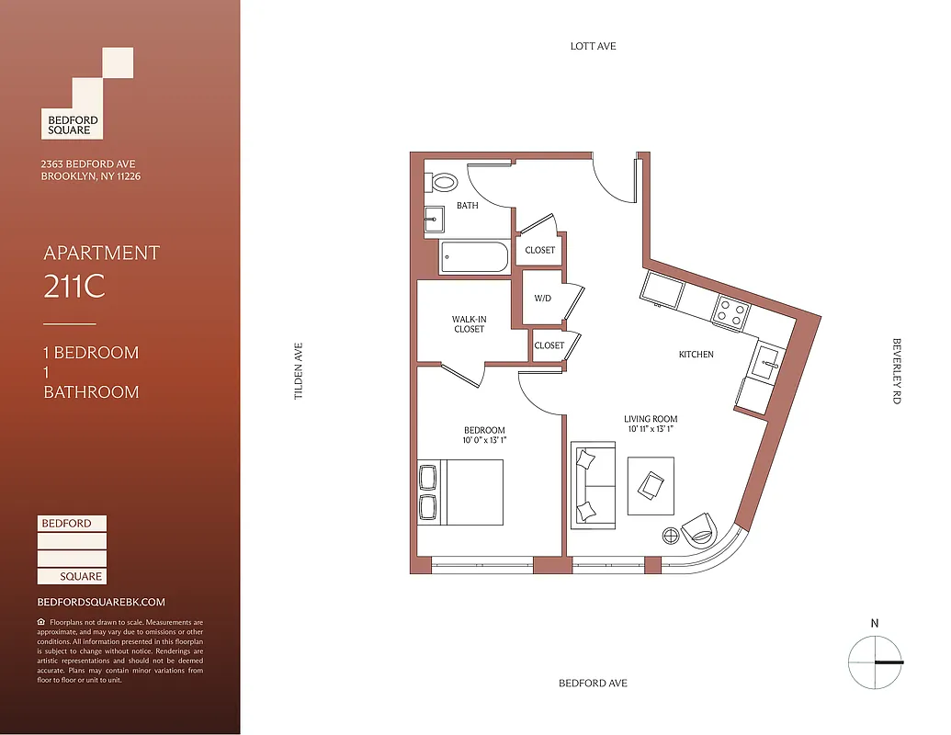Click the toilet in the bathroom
(442, 181)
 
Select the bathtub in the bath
(473, 257)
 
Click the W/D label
(542, 299)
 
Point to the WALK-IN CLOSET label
(469, 324)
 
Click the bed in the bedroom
(461, 492)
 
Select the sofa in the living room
(594, 485)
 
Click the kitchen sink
(766, 364)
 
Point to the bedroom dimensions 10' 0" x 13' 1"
(483, 441)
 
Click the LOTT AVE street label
(593, 45)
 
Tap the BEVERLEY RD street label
(897, 371)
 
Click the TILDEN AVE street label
(298, 371)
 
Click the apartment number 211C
(74, 288)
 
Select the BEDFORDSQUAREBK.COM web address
(101, 602)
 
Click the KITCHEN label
(696, 355)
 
